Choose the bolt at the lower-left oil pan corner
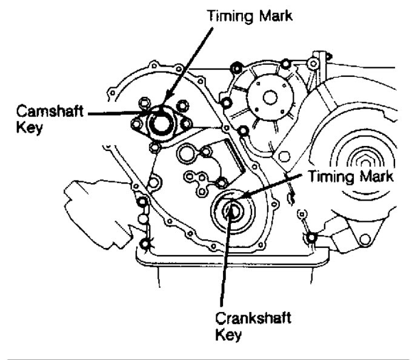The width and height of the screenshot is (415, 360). (x=145, y=245)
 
